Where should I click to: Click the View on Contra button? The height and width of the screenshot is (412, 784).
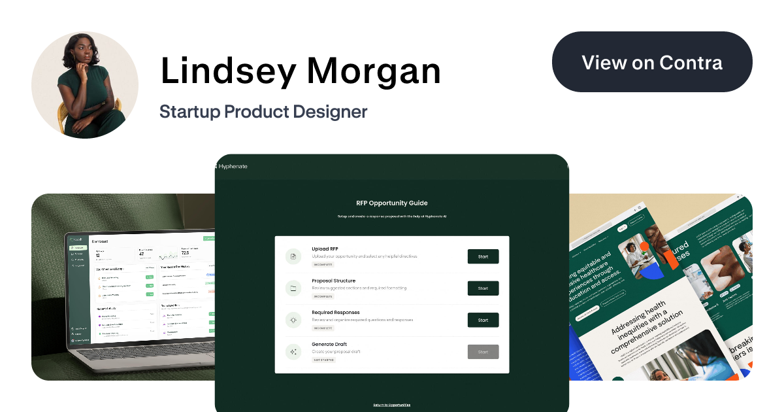(x=652, y=63)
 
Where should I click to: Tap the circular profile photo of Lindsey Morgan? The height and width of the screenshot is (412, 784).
(x=85, y=85)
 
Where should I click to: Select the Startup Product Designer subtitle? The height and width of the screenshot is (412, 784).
(x=263, y=112)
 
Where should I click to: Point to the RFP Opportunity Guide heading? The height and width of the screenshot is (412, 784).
(x=392, y=203)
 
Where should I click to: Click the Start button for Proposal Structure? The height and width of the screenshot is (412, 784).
(x=483, y=288)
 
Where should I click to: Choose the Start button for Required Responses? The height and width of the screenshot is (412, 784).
(x=483, y=320)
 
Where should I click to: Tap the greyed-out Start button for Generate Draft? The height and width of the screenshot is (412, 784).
(x=483, y=352)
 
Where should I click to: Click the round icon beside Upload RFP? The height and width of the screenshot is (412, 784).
(x=293, y=256)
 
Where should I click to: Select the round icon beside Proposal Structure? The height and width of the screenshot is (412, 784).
(x=293, y=288)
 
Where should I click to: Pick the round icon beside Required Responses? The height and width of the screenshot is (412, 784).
(x=293, y=320)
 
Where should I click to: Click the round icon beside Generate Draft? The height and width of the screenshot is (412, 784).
(x=293, y=352)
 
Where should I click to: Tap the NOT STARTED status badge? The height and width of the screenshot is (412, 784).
(x=323, y=360)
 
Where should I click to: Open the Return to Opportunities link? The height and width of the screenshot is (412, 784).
(x=392, y=405)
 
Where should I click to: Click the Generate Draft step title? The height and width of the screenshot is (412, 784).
(x=329, y=345)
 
